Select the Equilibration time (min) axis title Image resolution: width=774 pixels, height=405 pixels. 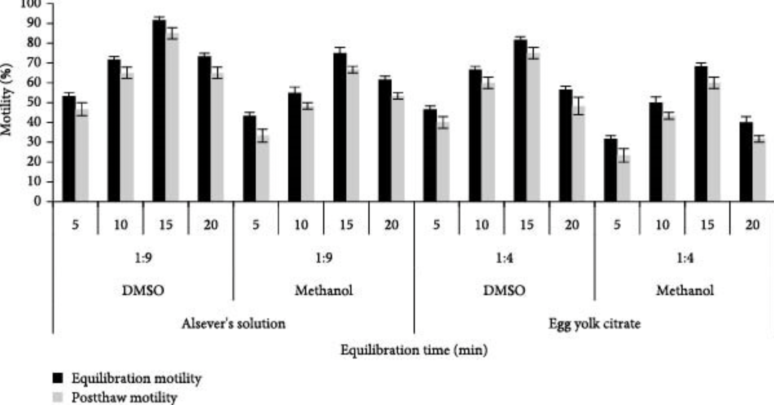tap(414, 350)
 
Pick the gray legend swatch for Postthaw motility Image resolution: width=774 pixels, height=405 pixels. tap(58, 397)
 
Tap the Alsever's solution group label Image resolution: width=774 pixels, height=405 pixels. tap(233, 324)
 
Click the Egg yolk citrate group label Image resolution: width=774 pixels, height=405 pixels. tap(595, 324)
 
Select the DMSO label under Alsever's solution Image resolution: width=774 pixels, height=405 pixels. tap(143, 290)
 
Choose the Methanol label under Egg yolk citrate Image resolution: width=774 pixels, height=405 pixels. tap(684, 290)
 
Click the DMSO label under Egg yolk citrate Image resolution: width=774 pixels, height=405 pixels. tap(504, 290)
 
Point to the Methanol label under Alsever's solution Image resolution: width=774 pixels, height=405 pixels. tap(324, 290)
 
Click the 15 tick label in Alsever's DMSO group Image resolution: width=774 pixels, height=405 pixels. tap(166, 225)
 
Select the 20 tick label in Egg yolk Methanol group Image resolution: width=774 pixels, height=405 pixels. tap(752, 225)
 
